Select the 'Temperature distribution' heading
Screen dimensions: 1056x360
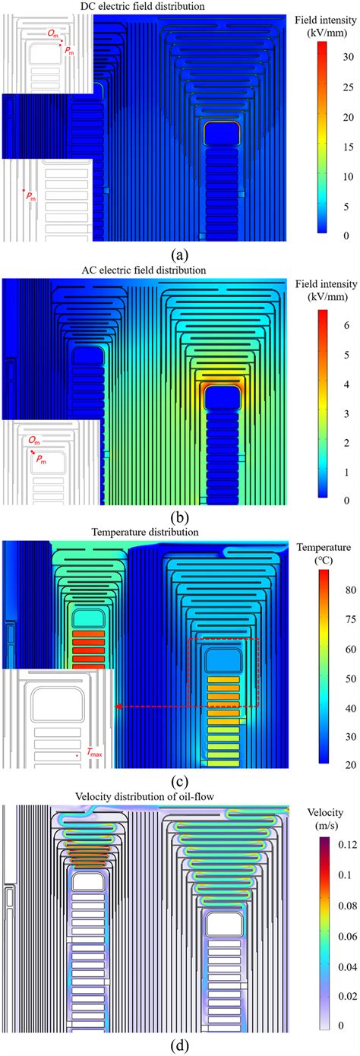click(144, 533)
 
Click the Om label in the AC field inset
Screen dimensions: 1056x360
click(32, 441)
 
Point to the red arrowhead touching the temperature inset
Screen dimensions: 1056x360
click(118, 707)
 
